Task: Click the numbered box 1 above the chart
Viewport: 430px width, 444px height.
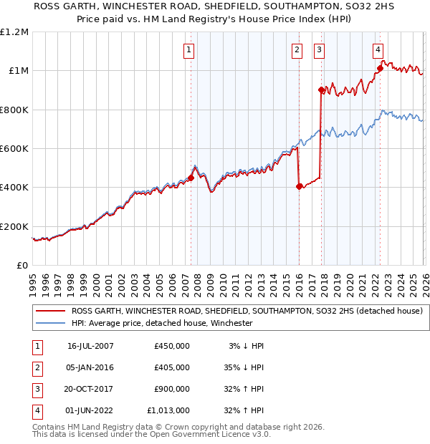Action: (x=188, y=49)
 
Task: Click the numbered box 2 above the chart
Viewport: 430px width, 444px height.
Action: (x=296, y=49)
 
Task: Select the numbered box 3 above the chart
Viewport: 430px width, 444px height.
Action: (x=318, y=49)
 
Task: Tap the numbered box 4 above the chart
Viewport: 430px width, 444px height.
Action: (x=377, y=49)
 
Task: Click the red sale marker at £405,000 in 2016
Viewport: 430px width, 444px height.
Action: (x=299, y=186)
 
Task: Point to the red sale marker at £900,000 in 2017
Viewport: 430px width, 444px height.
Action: (x=321, y=90)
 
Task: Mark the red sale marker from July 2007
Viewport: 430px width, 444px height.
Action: (x=191, y=178)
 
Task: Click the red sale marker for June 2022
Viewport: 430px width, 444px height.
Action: (x=380, y=69)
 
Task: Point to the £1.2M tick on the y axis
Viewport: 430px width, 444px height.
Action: (x=14, y=32)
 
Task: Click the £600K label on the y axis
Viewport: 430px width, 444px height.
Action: (x=14, y=149)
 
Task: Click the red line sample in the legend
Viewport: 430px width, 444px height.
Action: (x=51, y=311)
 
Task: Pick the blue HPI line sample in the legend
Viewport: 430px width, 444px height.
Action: (x=51, y=323)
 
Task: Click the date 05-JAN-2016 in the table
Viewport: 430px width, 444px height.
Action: (x=90, y=367)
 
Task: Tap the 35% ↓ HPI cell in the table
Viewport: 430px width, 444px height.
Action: (x=242, y=367)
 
